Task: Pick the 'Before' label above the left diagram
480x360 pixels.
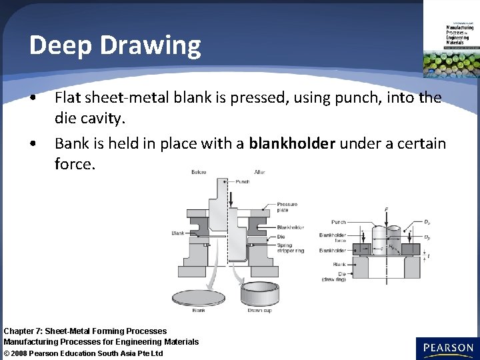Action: coord(199,172)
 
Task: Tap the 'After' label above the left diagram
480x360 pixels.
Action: coord(259,172)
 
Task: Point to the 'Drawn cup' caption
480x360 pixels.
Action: coord(259,311)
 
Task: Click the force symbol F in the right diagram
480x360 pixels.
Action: coord(386,210)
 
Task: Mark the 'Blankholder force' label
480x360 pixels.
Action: coord(333,238)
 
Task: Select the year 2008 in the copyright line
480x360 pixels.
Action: coord(25,353)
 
